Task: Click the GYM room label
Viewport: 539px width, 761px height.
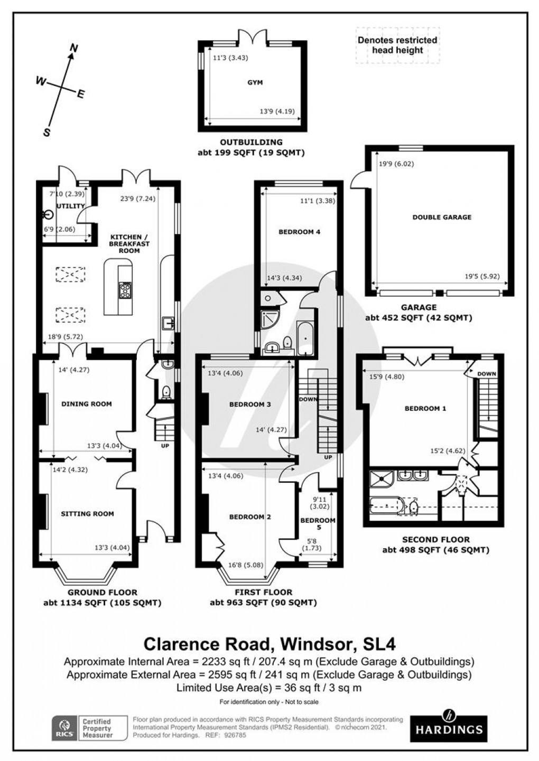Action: [x=254, y=82]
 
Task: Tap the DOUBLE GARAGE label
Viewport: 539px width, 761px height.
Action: [x=442, y=217]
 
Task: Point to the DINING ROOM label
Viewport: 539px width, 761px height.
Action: [x=87, y=404]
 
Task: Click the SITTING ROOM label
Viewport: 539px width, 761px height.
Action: [x=87, y=513]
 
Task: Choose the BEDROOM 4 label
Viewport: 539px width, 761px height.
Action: [x=299, y=232]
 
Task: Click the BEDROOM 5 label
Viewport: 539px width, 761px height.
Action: [x=318, y=524]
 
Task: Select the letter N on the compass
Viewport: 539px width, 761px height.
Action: [x=74, y=49]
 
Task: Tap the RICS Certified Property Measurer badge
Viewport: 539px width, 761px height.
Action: [x=89, y=728]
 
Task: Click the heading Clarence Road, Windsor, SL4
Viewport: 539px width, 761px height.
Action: [x=269, y=644]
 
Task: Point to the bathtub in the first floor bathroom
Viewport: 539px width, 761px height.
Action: [x=305, y=337]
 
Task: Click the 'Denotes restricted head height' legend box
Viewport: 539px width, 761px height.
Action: [x=397, y=45]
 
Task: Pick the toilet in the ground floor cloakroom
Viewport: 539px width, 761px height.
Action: [x=166, y=391]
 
